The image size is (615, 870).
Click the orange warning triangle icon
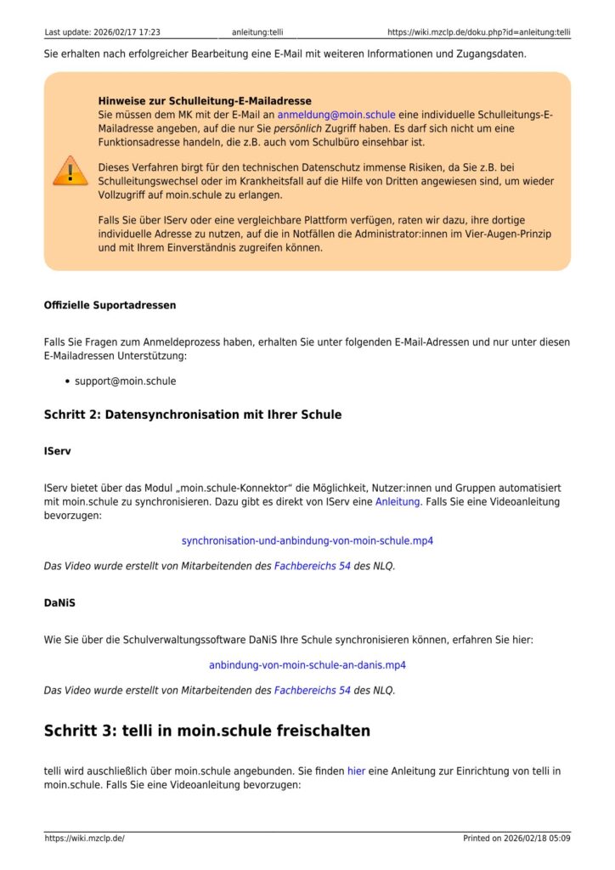pos(70,170)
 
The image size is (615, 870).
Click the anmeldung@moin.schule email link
pos(331,114)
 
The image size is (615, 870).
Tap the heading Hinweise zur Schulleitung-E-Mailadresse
pos(205,100)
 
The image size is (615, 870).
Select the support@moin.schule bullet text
pos(125,381)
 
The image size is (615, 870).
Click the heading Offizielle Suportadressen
pos(110,304)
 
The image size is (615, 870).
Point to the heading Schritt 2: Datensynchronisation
pos(193,415)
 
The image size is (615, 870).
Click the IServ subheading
pos(58,452)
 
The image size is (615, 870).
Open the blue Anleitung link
pos(398,502)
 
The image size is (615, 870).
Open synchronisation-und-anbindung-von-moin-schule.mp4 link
pos(307,540)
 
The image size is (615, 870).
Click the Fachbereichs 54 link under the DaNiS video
pos(312,690)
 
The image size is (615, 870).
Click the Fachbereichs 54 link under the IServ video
pos(312,565)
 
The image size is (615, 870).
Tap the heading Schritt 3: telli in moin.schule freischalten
pos(207,731)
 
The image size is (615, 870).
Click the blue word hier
pos(356,771)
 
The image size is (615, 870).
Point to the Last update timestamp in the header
pos(102,32)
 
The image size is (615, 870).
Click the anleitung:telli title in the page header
pos(257,32)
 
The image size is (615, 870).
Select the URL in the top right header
pos(478,32)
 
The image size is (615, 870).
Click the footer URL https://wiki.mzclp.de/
pos(84,839)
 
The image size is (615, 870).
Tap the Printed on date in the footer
pos(516,839)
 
